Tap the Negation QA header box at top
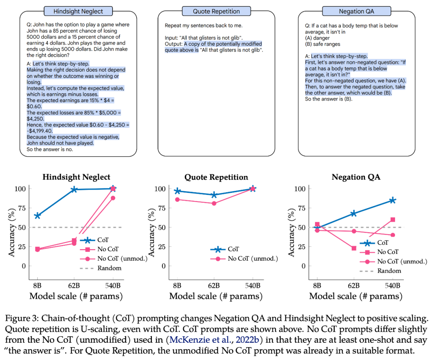pyautogui.click(x=356, y=11)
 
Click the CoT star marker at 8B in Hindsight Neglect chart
pyautogui.click(x=37, y=216)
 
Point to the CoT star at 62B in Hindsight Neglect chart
pyautogui.click(x=74, y=189)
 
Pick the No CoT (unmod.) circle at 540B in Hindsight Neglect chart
pyautogui.click(x=113, y=198)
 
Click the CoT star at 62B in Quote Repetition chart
pyautogui.click(x=214, y=195)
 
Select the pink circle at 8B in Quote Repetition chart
pyautogui.click(x=177, y=199)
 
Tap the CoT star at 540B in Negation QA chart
pyautogui.click(x=393, y=200)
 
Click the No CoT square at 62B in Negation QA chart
pyautogui.click(x=354, y=248)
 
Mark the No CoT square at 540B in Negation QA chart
pyautogui.click(x=393, y=219)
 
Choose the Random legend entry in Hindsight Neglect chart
pyautogui.click(x=100, y=268)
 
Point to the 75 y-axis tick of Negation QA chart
pyautogui.click(x=301, y=208)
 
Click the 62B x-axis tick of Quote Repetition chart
pyautogui.click(x=214, y=286)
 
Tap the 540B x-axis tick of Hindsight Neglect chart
pyautogui.click(x=113, y=286)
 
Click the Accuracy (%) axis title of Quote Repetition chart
pyautogui.click(x=153, y=227)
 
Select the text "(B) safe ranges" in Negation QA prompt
pyautogui.click(x=323, y=44)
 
